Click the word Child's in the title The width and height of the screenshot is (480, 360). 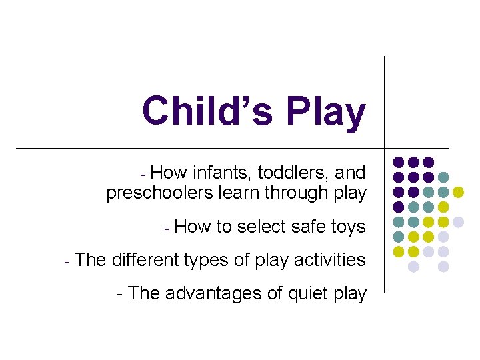click(207, 111)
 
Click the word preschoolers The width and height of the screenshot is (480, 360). click(151, 193)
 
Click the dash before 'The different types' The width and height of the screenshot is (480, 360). click(67, 261)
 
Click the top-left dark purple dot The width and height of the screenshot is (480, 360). click(399, 162)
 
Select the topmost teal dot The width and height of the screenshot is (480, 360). click(443, 177)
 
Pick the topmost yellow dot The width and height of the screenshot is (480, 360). click(458, 192)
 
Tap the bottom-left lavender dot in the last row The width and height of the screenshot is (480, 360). click(413, 266)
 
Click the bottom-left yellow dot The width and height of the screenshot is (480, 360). click(399, 251)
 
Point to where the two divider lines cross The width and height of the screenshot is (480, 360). click(385, 147)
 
